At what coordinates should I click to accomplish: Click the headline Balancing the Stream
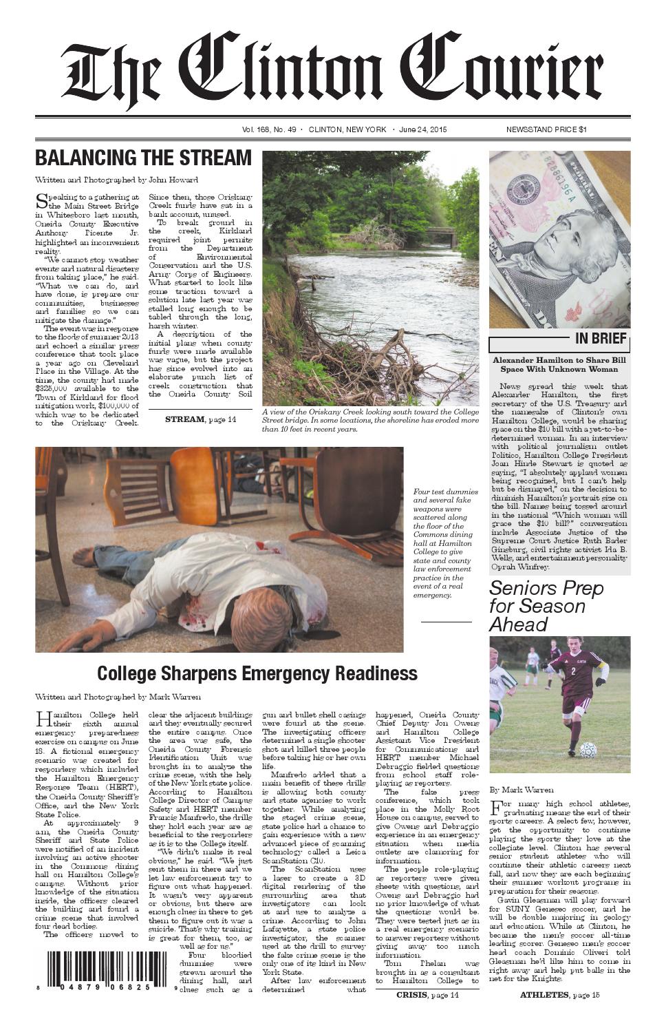143,158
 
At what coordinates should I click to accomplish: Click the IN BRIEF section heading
600,338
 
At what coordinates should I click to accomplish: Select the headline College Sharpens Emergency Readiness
257,673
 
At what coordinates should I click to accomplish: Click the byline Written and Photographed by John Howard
116,180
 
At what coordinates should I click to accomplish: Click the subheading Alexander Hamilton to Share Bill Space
559,364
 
